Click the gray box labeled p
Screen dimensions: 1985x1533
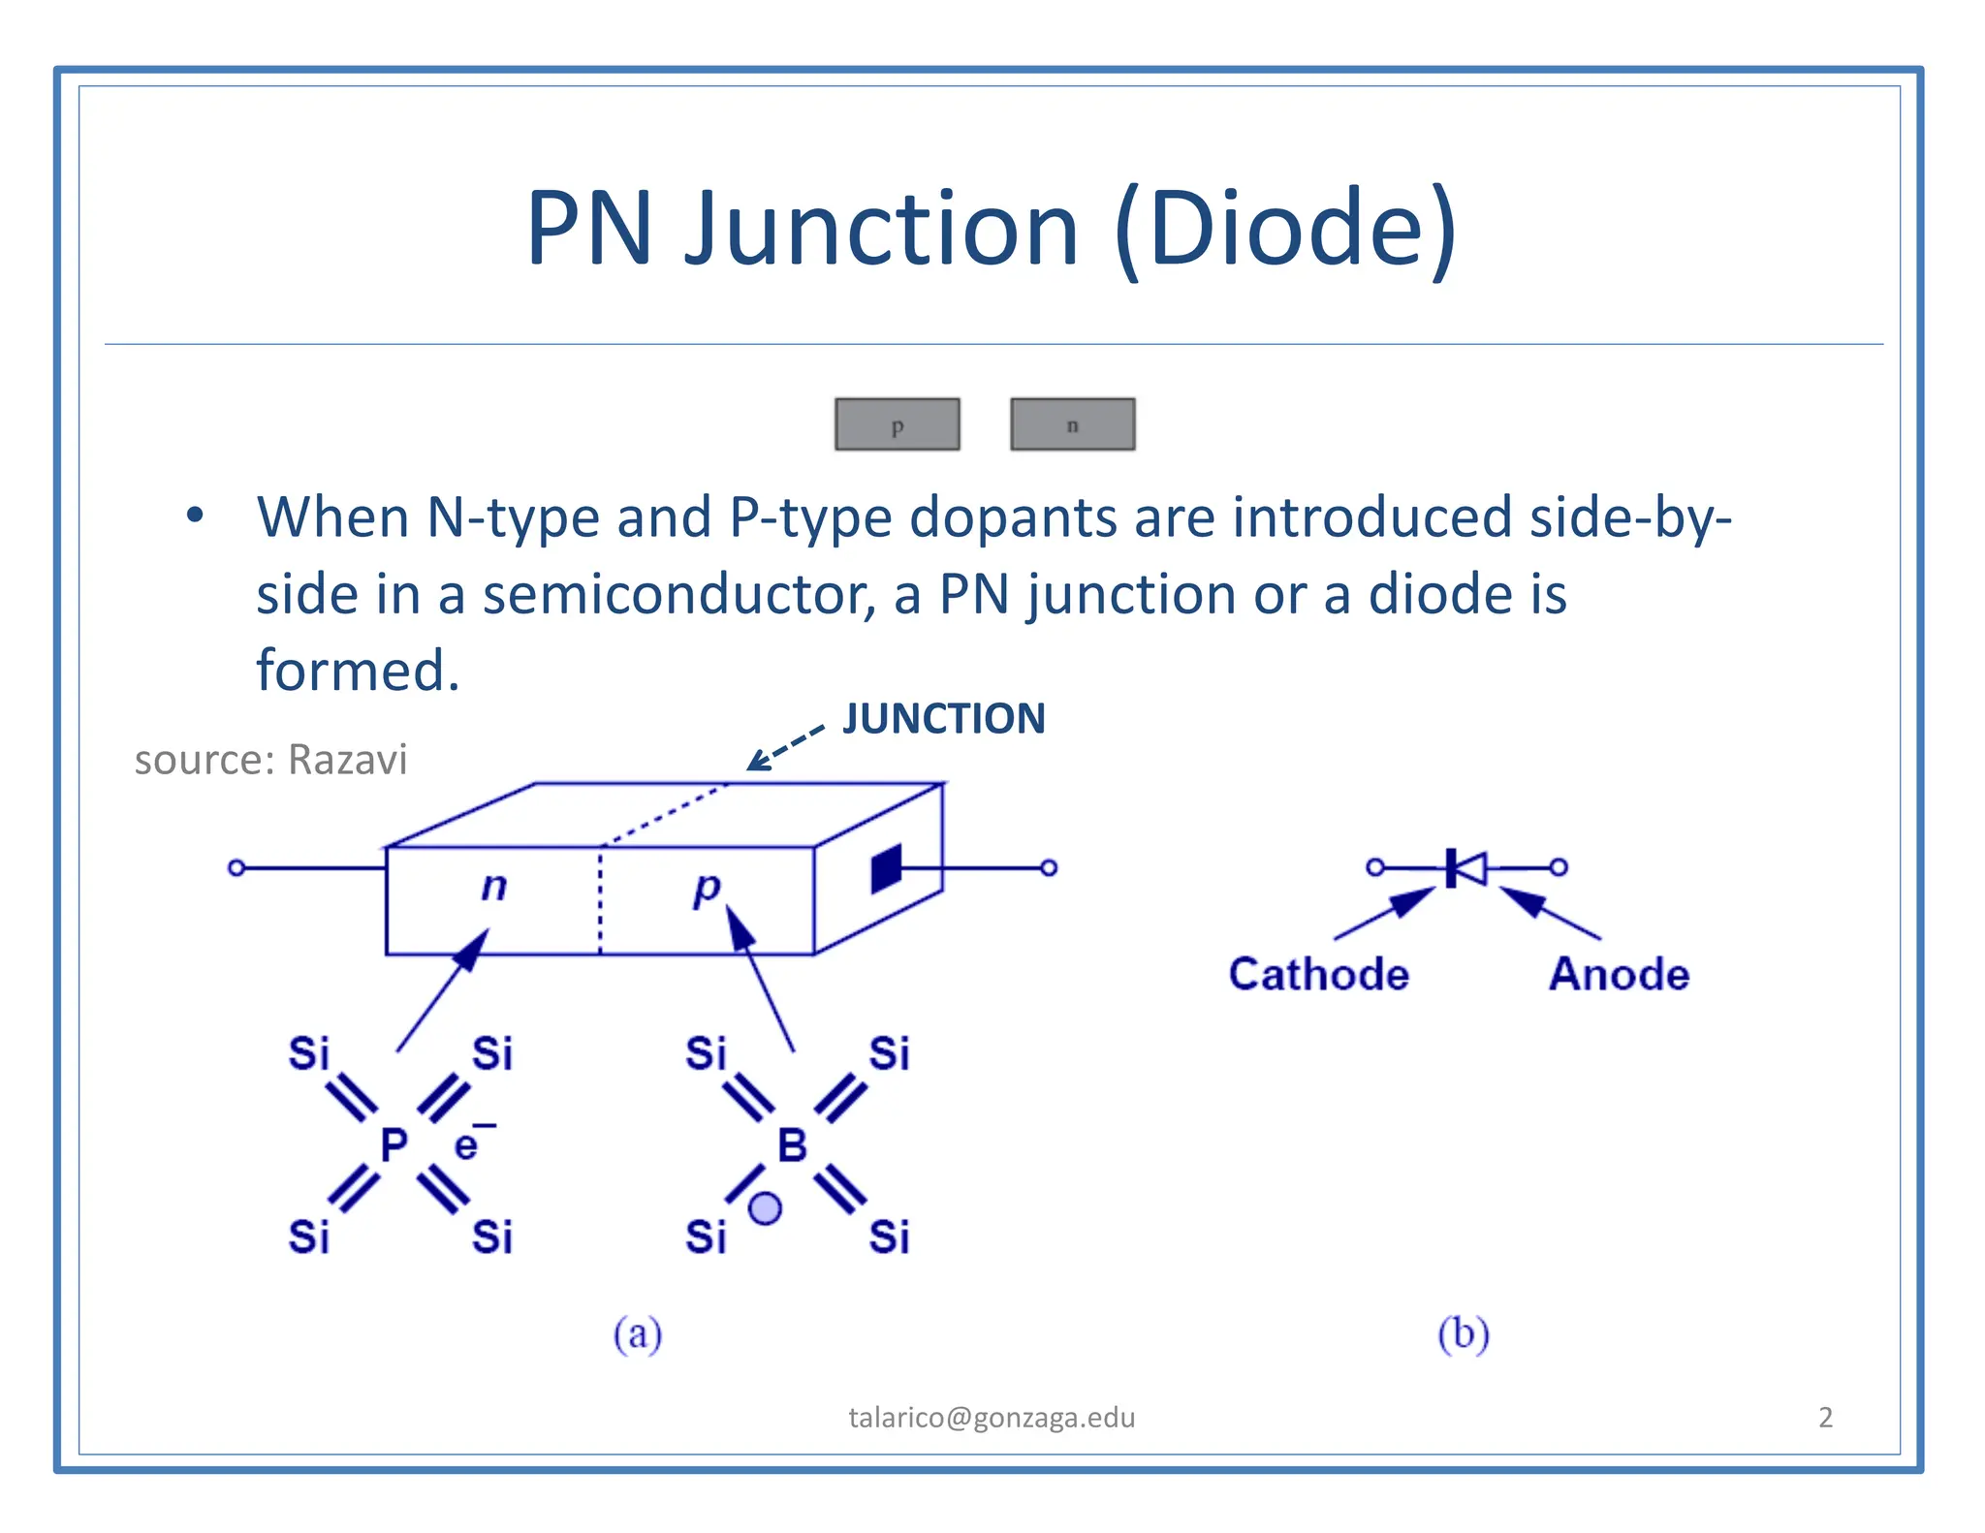(x=898, y=424)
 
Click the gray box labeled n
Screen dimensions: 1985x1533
(x=1072, y=424)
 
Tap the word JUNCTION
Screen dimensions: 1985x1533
(x=944, y=719)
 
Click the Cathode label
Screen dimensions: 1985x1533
(x=1318, y=974)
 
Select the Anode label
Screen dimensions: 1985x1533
(x=1619, y=974)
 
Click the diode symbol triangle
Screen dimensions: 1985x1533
(x=1470, y=867)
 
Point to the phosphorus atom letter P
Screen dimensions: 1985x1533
(x=394, y=1145)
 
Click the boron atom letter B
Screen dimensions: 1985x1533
(x=792, y=1145)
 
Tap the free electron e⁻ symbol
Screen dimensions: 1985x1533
(x=469, y=1143)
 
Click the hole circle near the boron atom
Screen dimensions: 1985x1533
(x=766, y=1208)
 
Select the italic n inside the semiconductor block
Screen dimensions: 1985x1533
(x=494, y=886)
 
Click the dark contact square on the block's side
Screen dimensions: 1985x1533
(x=886, y=868)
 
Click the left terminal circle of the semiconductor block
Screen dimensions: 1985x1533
(x=236, y=867)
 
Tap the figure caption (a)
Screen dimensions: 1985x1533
(x=638, y=1334)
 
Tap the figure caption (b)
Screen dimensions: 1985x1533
(x=1464, y=1334)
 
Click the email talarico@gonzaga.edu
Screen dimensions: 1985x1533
(x=992, y=1418)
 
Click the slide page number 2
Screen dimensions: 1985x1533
(x=1825, y=1418)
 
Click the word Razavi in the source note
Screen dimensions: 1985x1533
(x=348, y=760)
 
